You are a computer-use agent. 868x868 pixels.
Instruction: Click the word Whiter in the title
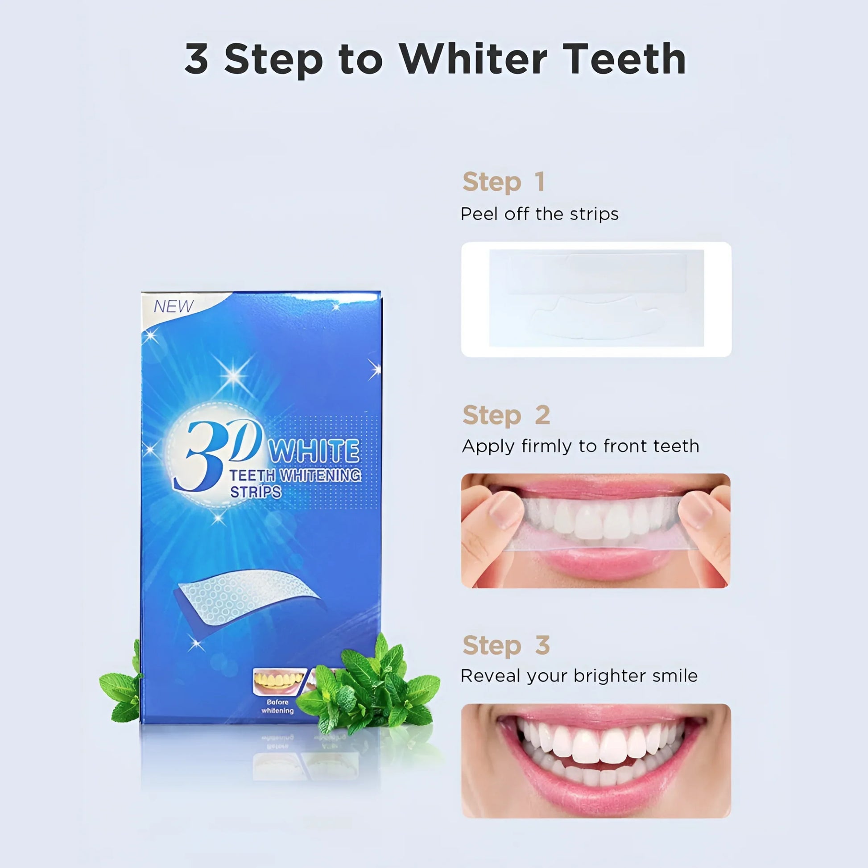(473, 59)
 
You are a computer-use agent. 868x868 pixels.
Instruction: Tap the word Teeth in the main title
(624, 59)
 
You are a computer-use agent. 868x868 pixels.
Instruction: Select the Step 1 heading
(504, 182)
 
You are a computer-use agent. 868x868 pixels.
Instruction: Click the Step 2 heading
(506, 415)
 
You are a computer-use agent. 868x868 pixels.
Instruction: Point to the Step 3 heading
(506, 645)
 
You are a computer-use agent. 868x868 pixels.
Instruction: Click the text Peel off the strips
(540, 214)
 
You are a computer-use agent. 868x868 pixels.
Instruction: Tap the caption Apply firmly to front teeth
(580, 446)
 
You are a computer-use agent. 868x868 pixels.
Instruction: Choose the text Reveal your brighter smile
(579, 676)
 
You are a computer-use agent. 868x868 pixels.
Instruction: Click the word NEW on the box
(174, 306)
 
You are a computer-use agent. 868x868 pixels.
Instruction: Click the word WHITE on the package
(314, 451)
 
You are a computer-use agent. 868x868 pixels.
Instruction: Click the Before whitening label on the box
(277, 706)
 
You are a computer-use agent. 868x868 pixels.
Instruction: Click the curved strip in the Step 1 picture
(596, 317)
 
